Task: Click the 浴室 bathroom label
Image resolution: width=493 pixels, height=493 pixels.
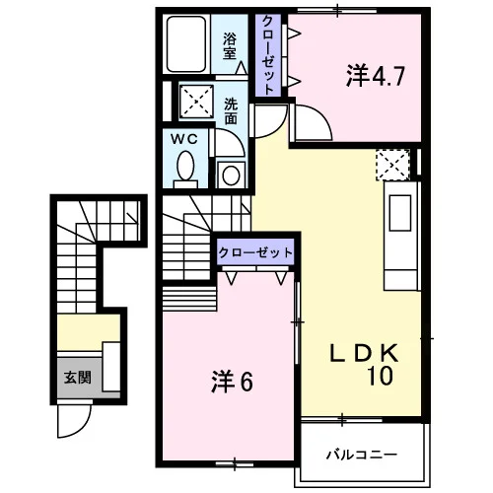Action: [230, 46]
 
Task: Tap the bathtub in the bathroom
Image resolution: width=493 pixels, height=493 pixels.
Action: [186, 44]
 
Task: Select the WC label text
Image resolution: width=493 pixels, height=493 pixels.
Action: [184, 139]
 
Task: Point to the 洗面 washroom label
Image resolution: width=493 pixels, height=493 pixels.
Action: [231, 111]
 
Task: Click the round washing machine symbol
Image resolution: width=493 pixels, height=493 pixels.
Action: [231, 176]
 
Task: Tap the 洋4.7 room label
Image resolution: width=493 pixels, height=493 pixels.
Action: [375, 76]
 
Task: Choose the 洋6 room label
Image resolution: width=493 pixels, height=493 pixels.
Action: [232, 382]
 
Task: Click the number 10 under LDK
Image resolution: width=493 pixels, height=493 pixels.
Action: [380, 376]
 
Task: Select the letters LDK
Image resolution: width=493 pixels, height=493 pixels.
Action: [364, 353]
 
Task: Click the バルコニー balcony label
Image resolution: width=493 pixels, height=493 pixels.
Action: [362, 455]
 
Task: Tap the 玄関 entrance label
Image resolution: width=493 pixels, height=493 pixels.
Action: [77, 378]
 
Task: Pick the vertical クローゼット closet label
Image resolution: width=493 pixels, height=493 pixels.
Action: [268, 55]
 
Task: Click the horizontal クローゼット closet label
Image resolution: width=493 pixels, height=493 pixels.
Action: [255, 252]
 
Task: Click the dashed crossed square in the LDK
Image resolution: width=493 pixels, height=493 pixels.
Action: [392, 165]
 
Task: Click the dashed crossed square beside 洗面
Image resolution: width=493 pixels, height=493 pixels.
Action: [196, 101]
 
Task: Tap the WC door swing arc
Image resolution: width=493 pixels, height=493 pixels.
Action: [236, 138]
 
